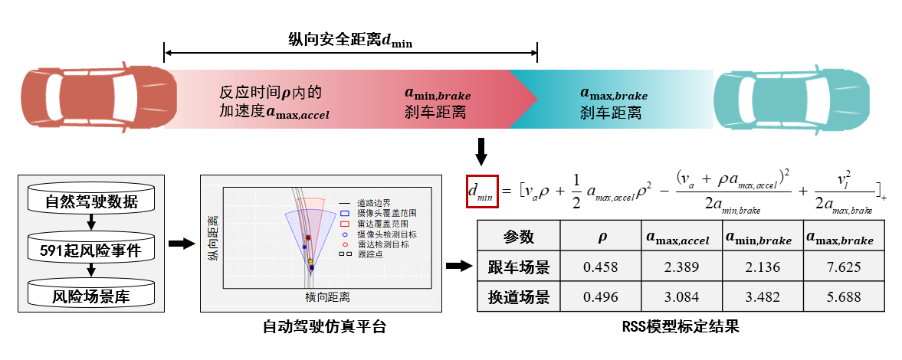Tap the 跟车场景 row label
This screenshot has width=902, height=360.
[x=519, y=267]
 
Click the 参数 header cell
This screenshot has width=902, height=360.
[x=519, y=237]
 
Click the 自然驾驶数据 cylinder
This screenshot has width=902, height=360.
[x=91, y=202]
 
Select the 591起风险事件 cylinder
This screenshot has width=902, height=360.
[x=91, y=249]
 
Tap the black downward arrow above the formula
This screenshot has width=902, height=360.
[x=481, y=151]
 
